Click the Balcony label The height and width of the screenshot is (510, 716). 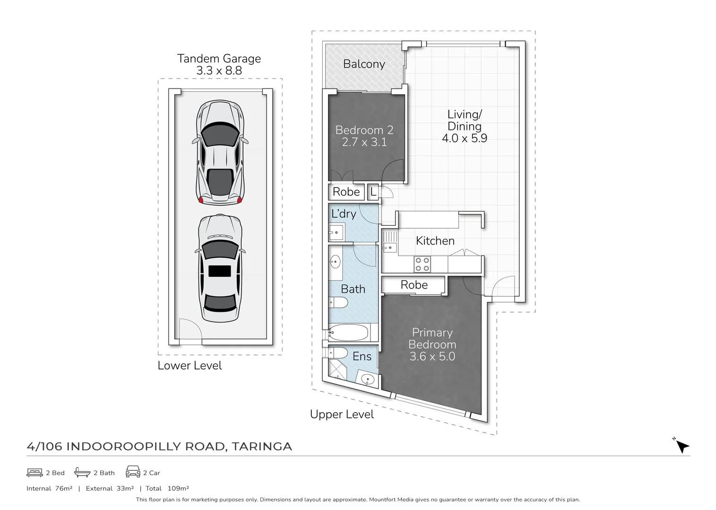click(x=364, y=64)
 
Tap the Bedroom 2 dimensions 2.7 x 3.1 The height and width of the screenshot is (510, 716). click(x=364, y=142)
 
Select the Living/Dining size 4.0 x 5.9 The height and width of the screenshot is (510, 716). click(x=464, y=138)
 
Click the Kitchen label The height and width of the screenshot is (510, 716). click(x=435, y=241)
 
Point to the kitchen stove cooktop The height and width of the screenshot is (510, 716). click(x=422, y=264)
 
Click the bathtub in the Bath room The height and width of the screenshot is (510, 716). click(x=349, y=333)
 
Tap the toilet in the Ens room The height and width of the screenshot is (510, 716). click(x=337, y=353)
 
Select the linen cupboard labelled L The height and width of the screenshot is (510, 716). click(x=373, y=192)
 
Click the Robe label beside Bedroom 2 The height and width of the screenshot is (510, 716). click(x=346, y=192)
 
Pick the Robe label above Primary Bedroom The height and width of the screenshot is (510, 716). click(x=414, y=285)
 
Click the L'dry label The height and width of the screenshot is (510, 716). click(x=344, y=214)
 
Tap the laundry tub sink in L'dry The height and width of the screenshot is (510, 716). click(x=336, y=232)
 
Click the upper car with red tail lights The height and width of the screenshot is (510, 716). click(x=220, y=152)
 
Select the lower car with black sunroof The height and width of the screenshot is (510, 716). click(x=220, y=268)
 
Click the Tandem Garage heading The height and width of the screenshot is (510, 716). click(x=219, y=59)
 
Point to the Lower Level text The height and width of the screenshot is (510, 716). click(x=190, y=365)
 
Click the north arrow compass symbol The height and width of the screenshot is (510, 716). click(x=681, y=446)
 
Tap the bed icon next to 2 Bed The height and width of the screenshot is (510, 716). click(x=35, y=472)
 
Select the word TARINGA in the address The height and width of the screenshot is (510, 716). click(x=262, y=446)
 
